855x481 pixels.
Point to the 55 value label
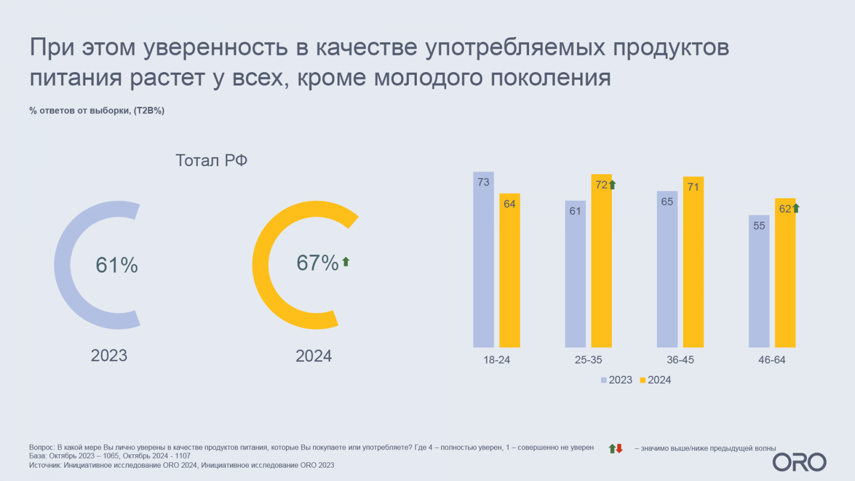pos(759,226)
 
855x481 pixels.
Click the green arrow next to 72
pos(612,185)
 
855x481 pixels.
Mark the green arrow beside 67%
pos(346,262)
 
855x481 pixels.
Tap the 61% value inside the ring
pos(116,265)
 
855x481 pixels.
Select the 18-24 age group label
pos(496,360)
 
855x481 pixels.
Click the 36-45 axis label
pos(680,360)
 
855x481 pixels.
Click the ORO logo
pos(799,462)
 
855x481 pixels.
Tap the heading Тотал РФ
pos(211,160)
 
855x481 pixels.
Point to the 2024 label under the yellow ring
pos(314,356)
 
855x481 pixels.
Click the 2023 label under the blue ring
pos(109,355)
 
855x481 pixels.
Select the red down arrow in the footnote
pos(619,448)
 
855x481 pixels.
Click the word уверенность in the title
pos(215,47)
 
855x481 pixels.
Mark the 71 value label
pos(693,187)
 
